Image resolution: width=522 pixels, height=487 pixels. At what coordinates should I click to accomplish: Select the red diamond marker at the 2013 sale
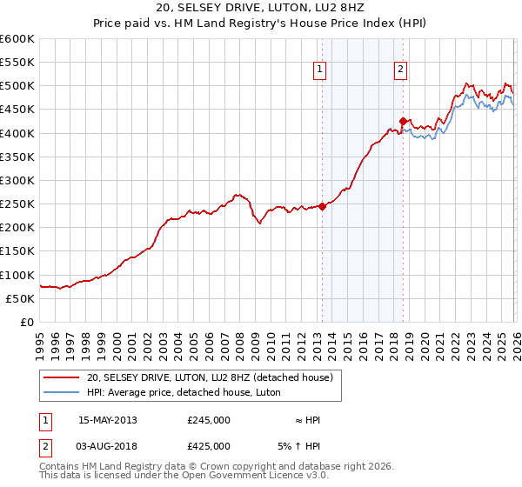[322, 206]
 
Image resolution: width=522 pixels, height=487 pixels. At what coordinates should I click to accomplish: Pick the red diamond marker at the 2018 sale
[403, 122]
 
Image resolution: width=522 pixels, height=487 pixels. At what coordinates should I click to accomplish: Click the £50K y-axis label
[20, 298]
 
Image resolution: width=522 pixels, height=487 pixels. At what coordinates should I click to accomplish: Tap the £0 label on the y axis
[28, 322]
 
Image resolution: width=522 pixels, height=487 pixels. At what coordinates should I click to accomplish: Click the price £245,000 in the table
[208, 420]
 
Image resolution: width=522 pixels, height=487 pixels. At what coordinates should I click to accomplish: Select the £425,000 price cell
[208, 445]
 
